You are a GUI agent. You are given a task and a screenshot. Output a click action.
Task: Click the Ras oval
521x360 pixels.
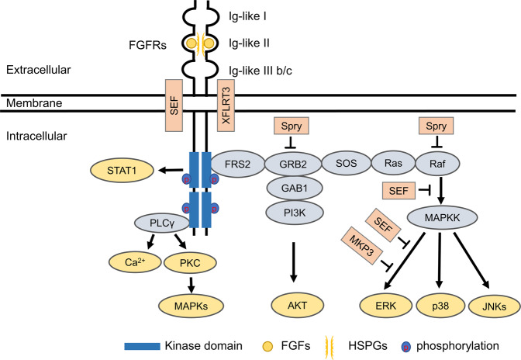(387, 165)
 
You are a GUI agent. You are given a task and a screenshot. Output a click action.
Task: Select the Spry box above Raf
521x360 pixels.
(434, 125)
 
